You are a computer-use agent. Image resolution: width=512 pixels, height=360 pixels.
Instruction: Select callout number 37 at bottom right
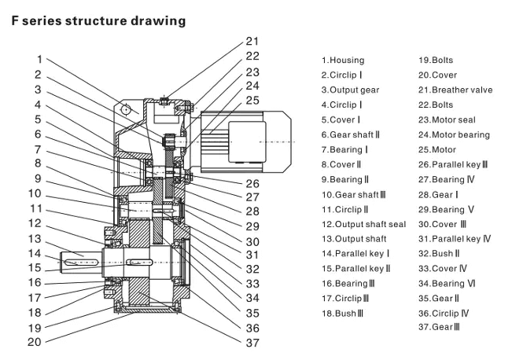pyautogui.click(x=251, y=343)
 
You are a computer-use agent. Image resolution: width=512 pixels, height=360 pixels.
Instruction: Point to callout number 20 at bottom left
pyautogui.click(x=35, y=342)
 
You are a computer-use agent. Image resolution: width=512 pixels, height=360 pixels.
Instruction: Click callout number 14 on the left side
pyautogui.click(x=35, y=253)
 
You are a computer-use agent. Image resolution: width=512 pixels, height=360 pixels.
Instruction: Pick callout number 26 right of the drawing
pyautogui.click(x=251, y=185)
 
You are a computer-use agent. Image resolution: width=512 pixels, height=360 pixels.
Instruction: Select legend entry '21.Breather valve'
pyautogui.click(x=455, y=90)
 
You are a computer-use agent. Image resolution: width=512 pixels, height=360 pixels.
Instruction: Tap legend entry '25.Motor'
pyautogui.click(x=436, y=149)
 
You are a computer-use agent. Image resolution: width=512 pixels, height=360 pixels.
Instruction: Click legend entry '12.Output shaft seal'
pyautogui.click(x=363, y=224)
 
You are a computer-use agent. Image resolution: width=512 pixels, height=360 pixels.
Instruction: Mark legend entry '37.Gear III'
pyautogui.click(x=438, y=326)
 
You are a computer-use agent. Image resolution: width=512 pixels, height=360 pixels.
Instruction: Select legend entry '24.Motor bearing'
pyautogui.click(x=453, y=134)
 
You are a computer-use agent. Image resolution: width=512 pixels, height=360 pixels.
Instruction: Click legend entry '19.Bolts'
pyautogui.click(x=436, y=60)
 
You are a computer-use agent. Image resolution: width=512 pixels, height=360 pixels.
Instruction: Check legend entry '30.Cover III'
pyautogui.click(x=444, y=224)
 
